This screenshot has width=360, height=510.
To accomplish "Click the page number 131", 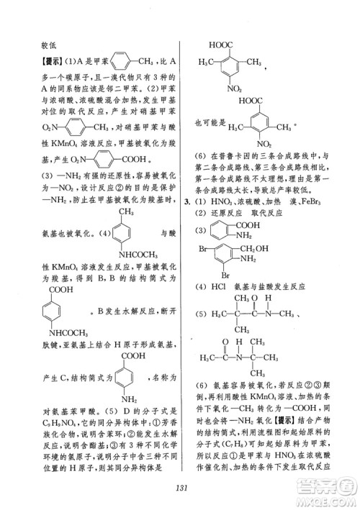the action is [181, 488].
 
